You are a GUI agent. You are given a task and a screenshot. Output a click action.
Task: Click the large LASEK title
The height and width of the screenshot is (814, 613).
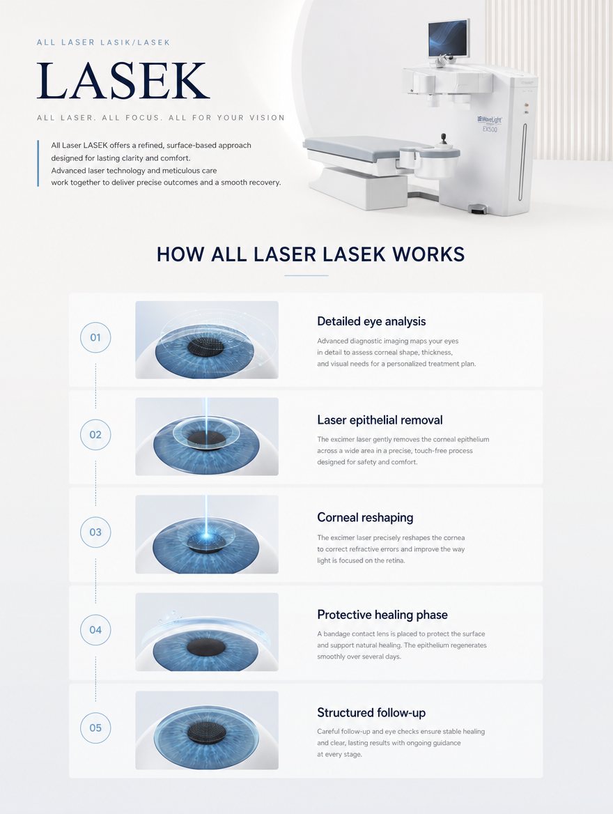[123, 80]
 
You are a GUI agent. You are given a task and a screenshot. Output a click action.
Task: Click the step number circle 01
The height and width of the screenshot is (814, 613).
[95, 337]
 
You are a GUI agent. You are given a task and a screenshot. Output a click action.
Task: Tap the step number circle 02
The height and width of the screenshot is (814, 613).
[95, 435]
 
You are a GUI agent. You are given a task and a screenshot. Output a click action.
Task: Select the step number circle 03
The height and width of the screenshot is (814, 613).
[95, 532]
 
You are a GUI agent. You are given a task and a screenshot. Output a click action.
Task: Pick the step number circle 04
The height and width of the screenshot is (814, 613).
[95, 630]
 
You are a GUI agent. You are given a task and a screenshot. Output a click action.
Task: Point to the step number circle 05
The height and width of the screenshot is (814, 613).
[95, 728]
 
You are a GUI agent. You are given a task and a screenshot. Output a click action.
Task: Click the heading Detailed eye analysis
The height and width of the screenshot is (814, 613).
[371, 321]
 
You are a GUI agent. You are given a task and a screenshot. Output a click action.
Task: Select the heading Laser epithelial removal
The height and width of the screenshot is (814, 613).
[380, 420]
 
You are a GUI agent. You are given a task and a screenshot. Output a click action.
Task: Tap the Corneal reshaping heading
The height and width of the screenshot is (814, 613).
[366, 518]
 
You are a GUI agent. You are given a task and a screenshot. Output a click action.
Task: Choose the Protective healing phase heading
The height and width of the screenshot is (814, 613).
[382, 615]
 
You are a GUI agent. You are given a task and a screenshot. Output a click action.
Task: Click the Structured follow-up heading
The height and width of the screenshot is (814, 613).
[371, 713]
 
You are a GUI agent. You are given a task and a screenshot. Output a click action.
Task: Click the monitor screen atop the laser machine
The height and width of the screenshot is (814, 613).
[449, 39]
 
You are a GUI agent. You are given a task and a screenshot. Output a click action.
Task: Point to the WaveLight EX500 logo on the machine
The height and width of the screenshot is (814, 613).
[490, 124]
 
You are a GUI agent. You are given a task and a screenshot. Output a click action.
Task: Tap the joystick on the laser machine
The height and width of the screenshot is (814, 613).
[443, 140]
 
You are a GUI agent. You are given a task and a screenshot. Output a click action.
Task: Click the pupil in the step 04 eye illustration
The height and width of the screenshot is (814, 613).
[206, 647]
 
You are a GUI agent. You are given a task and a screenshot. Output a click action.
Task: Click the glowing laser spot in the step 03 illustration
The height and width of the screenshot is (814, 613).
[206, 535]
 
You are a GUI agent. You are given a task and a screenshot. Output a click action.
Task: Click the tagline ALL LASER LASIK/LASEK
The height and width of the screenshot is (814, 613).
[103, 43]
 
